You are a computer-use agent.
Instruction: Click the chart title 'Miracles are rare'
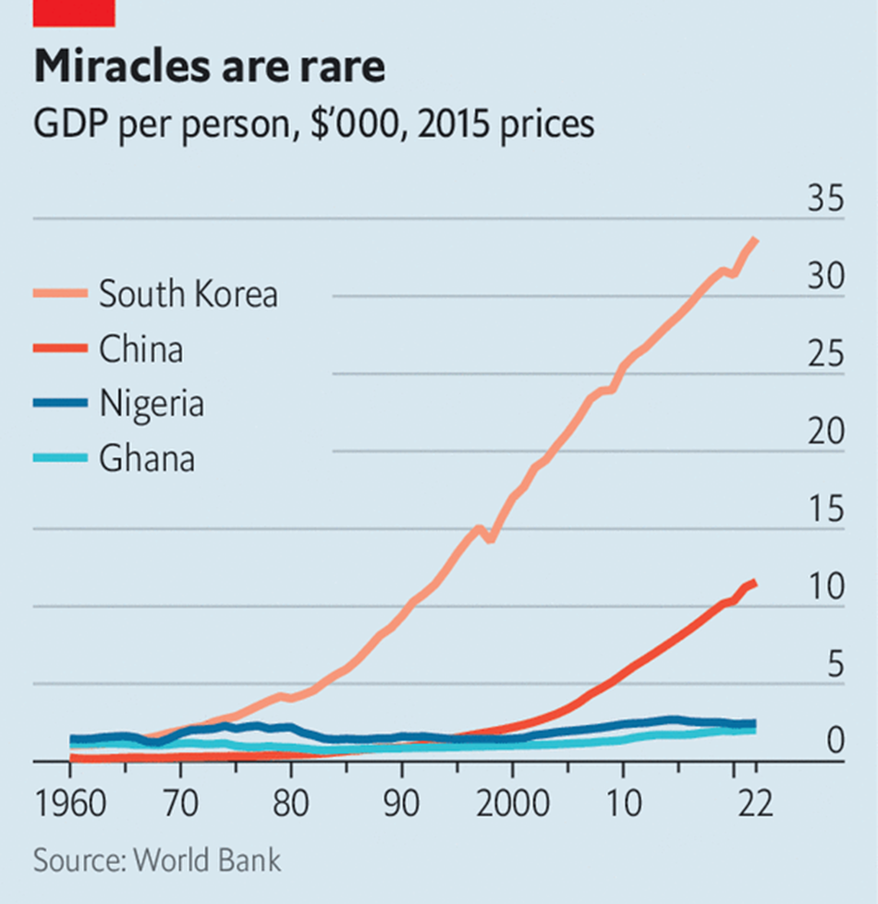point(209,67)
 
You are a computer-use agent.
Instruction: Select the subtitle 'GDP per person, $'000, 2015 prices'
point(313,123)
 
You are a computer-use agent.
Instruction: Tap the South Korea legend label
point(188,294)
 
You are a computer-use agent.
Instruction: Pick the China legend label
point(140,349)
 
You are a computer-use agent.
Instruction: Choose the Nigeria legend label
point(151,404)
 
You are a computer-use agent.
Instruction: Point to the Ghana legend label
point(146,458)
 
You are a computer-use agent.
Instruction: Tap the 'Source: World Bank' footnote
point(157,861)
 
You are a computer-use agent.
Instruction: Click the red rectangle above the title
point(73,12)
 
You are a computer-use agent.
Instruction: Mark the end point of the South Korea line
point(756,240)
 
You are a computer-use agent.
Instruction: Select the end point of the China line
point(756,581)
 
